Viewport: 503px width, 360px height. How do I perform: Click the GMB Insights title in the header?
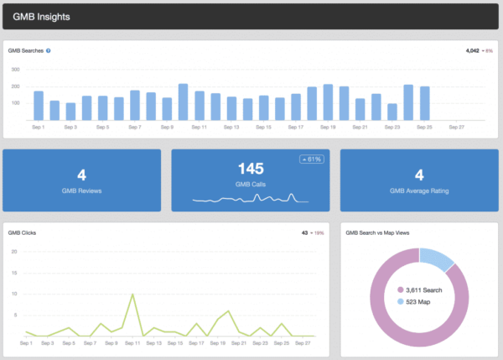(42, 17)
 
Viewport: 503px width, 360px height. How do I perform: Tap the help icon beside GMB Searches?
(49, 50)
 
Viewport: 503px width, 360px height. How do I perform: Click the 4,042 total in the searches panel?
(474, 50)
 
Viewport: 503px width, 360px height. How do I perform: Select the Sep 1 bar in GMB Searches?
(39, 106)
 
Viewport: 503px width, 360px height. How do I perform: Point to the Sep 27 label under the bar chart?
(456, 128)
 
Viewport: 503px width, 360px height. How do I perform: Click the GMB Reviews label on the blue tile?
(82, 190)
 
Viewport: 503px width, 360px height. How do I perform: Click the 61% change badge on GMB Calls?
(311, 159)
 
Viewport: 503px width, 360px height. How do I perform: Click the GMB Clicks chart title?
(22, 232)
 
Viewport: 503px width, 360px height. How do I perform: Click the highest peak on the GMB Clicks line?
(132, 295)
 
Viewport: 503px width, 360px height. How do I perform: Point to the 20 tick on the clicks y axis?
(14, 252)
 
